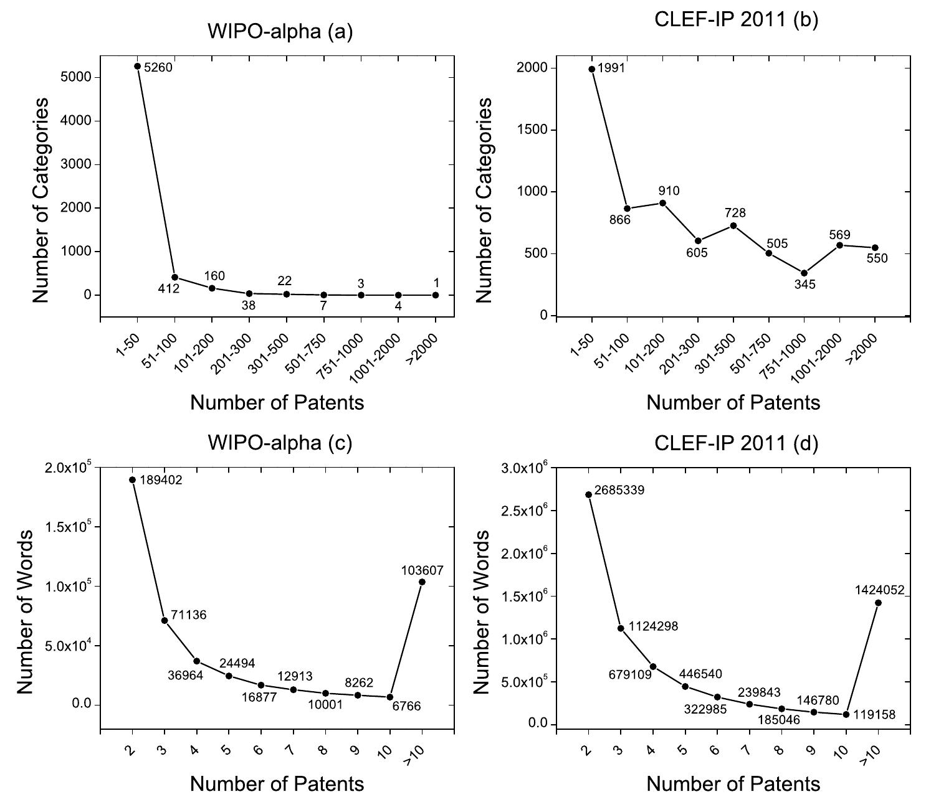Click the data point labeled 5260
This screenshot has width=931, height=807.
click(x=137, y=66)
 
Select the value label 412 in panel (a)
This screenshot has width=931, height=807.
click(x=168, y=288)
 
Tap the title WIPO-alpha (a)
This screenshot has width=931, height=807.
click(x=280, y=32)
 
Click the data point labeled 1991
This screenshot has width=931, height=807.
click(x=591, y=69)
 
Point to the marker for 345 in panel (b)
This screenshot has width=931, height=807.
click(x=804, y=273)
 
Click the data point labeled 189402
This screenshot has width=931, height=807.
click(x=132, y=479)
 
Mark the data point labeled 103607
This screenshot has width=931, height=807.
click(x=422, y=582)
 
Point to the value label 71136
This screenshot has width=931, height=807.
click(x=188, y=615)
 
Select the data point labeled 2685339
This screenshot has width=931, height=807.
click(x=588, y=494)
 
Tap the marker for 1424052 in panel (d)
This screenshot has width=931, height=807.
click(x=878, y=602)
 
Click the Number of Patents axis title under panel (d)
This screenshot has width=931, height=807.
click(x=733, y=783)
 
